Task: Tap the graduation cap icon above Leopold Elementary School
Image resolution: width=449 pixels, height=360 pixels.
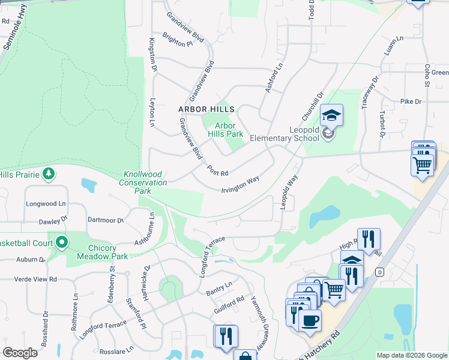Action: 331,115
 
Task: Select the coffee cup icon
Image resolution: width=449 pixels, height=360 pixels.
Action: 310,320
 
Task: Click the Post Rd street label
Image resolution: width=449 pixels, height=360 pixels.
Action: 217,170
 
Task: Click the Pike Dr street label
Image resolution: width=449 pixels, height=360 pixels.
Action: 411,102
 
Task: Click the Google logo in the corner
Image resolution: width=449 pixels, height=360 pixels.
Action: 20,353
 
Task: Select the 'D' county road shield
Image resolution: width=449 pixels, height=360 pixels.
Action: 379,272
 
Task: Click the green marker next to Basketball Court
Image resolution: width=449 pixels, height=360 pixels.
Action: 61,243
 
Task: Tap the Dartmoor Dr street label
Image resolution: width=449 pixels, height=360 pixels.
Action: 105,220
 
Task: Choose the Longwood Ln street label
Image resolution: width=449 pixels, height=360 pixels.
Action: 46,203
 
